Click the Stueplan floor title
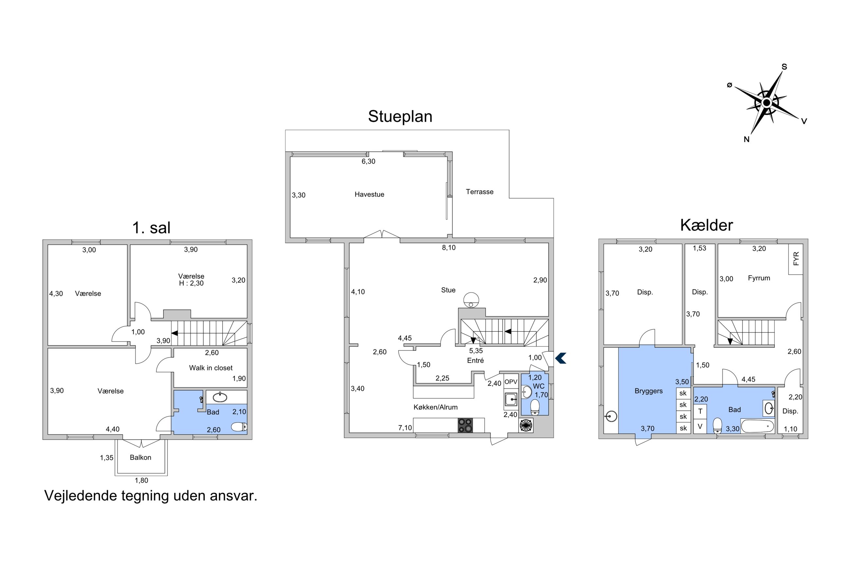click(x=400, y=116)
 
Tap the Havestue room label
click(x=369, y=194)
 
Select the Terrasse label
click(x=480, y=192)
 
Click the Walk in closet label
click(x=211, y=368)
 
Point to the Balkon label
click(x=140, y=457)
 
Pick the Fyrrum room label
click(x=759, y=278)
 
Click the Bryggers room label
click(x=648, y=391)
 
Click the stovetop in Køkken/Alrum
click(x=465, y=425)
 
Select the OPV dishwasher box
click(x=511, y=382)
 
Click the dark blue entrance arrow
click(x=561, y=358)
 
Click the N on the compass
click(x=747, y=140)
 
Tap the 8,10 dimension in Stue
click(x=448, y=248)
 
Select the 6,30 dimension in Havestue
click(x=369, y=162)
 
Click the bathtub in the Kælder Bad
click(x=757, y=426)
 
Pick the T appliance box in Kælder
click(x=700, y=411)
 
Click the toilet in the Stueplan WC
click(x=535, y=407)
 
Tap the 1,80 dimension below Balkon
click(x=141, y=481)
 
